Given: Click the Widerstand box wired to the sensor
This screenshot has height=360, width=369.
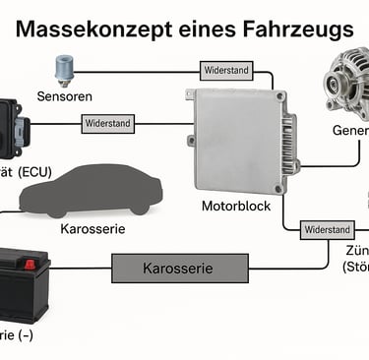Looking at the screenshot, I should [226, 71].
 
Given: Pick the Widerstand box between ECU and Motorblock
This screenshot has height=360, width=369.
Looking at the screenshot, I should [108, 124].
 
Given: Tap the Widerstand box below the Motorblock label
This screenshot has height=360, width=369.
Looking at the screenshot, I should [328, 229].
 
